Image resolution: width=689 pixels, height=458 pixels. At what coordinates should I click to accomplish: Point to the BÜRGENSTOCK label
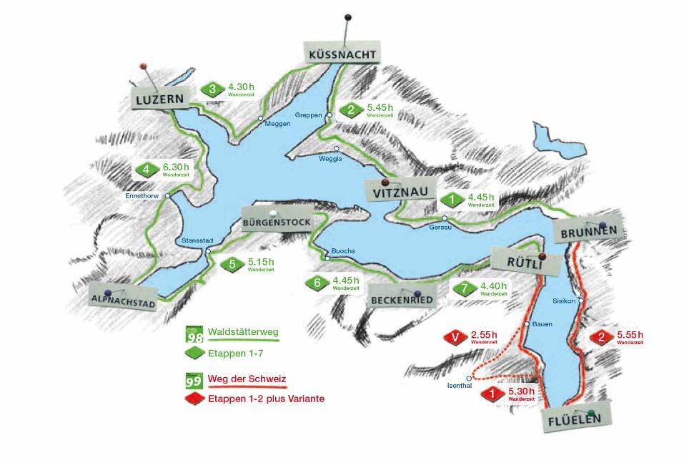point(277,222)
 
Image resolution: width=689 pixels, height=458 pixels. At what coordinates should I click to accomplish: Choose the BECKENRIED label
point(402,300)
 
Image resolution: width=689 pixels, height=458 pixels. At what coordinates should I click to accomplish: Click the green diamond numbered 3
point(212,89)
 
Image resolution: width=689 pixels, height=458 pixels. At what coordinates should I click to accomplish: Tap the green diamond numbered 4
point(146,170)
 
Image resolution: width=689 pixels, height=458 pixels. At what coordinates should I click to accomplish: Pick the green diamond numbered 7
point(464,288)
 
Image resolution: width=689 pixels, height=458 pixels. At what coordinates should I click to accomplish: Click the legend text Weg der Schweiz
point(242,379)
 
